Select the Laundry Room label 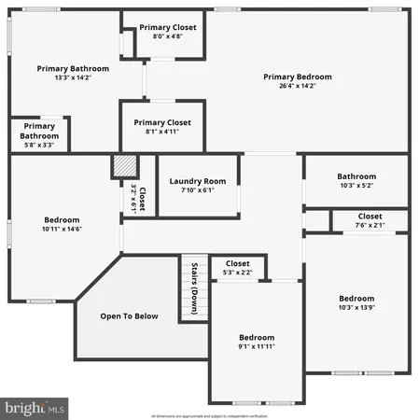(198, 181)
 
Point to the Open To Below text (130, 316)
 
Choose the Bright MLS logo (35, 408)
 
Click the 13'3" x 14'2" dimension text (73, 79)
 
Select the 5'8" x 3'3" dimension (39, 146)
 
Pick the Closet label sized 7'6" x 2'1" (356, 216)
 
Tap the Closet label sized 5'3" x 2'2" (238, 264)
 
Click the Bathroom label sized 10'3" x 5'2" (356, 176)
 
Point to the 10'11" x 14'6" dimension (62, 229)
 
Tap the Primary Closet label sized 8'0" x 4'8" (168, 27)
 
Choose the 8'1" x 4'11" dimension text (162, 133)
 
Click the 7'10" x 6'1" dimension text (198, 190)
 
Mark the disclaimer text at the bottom (209, 415)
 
